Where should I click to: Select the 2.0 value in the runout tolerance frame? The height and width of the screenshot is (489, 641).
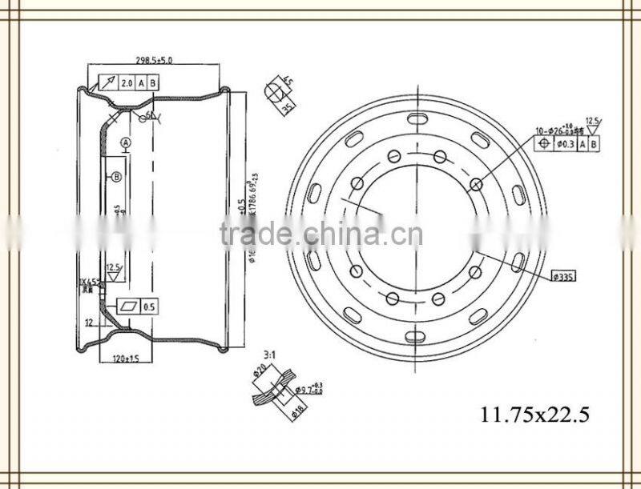pyautogui.click(x=127, y=83)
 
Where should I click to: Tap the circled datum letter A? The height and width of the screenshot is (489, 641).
pyautogui.click(x=125, y=142)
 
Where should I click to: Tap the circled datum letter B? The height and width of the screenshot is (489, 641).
pyautogui.click(x=116, y=177)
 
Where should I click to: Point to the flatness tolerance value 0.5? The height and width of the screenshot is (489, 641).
pyautogui.click(x=149, y=307)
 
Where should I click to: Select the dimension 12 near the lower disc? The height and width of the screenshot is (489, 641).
pyautogui.click(x=89, y=323)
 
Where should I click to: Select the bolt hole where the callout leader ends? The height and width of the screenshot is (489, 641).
pyautogui.click(x=476, y=185)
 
